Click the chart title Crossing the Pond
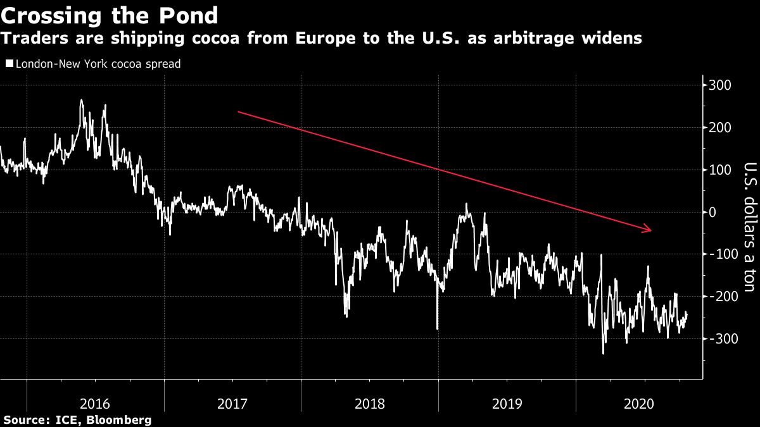[110, 15]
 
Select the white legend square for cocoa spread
[8, 64]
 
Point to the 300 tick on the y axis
[721, 85]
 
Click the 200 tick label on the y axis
[721, 128]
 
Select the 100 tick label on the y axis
[721, 170]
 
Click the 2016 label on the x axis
[96, 403]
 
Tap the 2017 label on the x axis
[232, 403]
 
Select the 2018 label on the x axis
[370, 403]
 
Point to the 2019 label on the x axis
[507, 403]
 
